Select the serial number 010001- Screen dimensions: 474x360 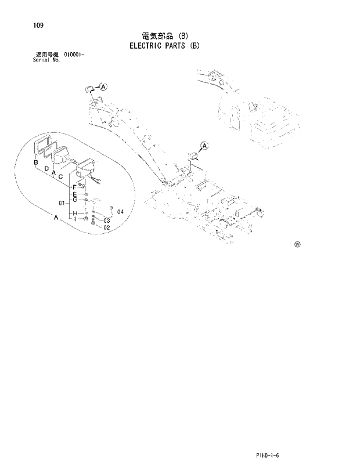[70, 55]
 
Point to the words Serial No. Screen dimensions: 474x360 [47, 60]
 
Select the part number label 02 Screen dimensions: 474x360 [107, 228]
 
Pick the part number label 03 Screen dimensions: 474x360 [107, 220]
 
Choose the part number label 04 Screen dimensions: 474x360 [120, 212]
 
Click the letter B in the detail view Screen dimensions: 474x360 [36, 162]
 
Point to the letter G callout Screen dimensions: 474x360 [75, 200]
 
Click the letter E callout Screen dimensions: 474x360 [75, 193]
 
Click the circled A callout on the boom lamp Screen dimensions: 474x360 [103, 87]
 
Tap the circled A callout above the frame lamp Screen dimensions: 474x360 [205, 145]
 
